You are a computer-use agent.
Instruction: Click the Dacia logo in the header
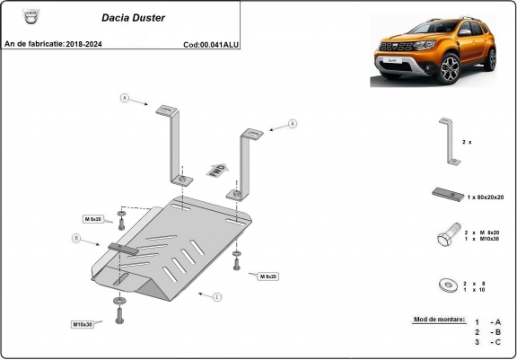[14, 15]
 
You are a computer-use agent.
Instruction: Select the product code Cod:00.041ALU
[210, 43]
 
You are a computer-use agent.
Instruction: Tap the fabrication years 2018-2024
[87, 43]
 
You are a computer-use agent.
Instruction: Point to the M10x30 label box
[83, 324]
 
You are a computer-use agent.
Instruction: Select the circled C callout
[216, 295]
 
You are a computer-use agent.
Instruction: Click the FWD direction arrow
[216, 170]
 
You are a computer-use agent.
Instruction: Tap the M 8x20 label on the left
[93, 218]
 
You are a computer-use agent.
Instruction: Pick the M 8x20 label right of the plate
[267, 277]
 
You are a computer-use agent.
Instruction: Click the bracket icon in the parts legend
[450, 141]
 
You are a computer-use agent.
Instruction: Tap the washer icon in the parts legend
[446, 285]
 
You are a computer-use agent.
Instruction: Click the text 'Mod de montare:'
[439, 320]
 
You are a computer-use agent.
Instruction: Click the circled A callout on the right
[293, 123]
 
